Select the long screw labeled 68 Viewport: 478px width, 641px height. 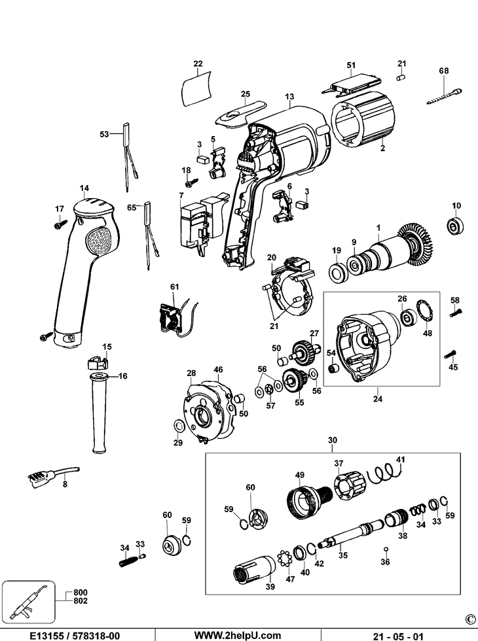tap(443, 95)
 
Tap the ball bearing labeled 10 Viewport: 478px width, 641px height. tap(452, 227)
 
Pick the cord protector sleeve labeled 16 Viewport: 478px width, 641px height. tap(98, 412)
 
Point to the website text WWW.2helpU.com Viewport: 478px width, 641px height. tap(238, 634)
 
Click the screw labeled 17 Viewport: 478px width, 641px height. tap(58, 224)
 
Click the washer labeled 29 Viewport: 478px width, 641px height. tap(179, 427)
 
